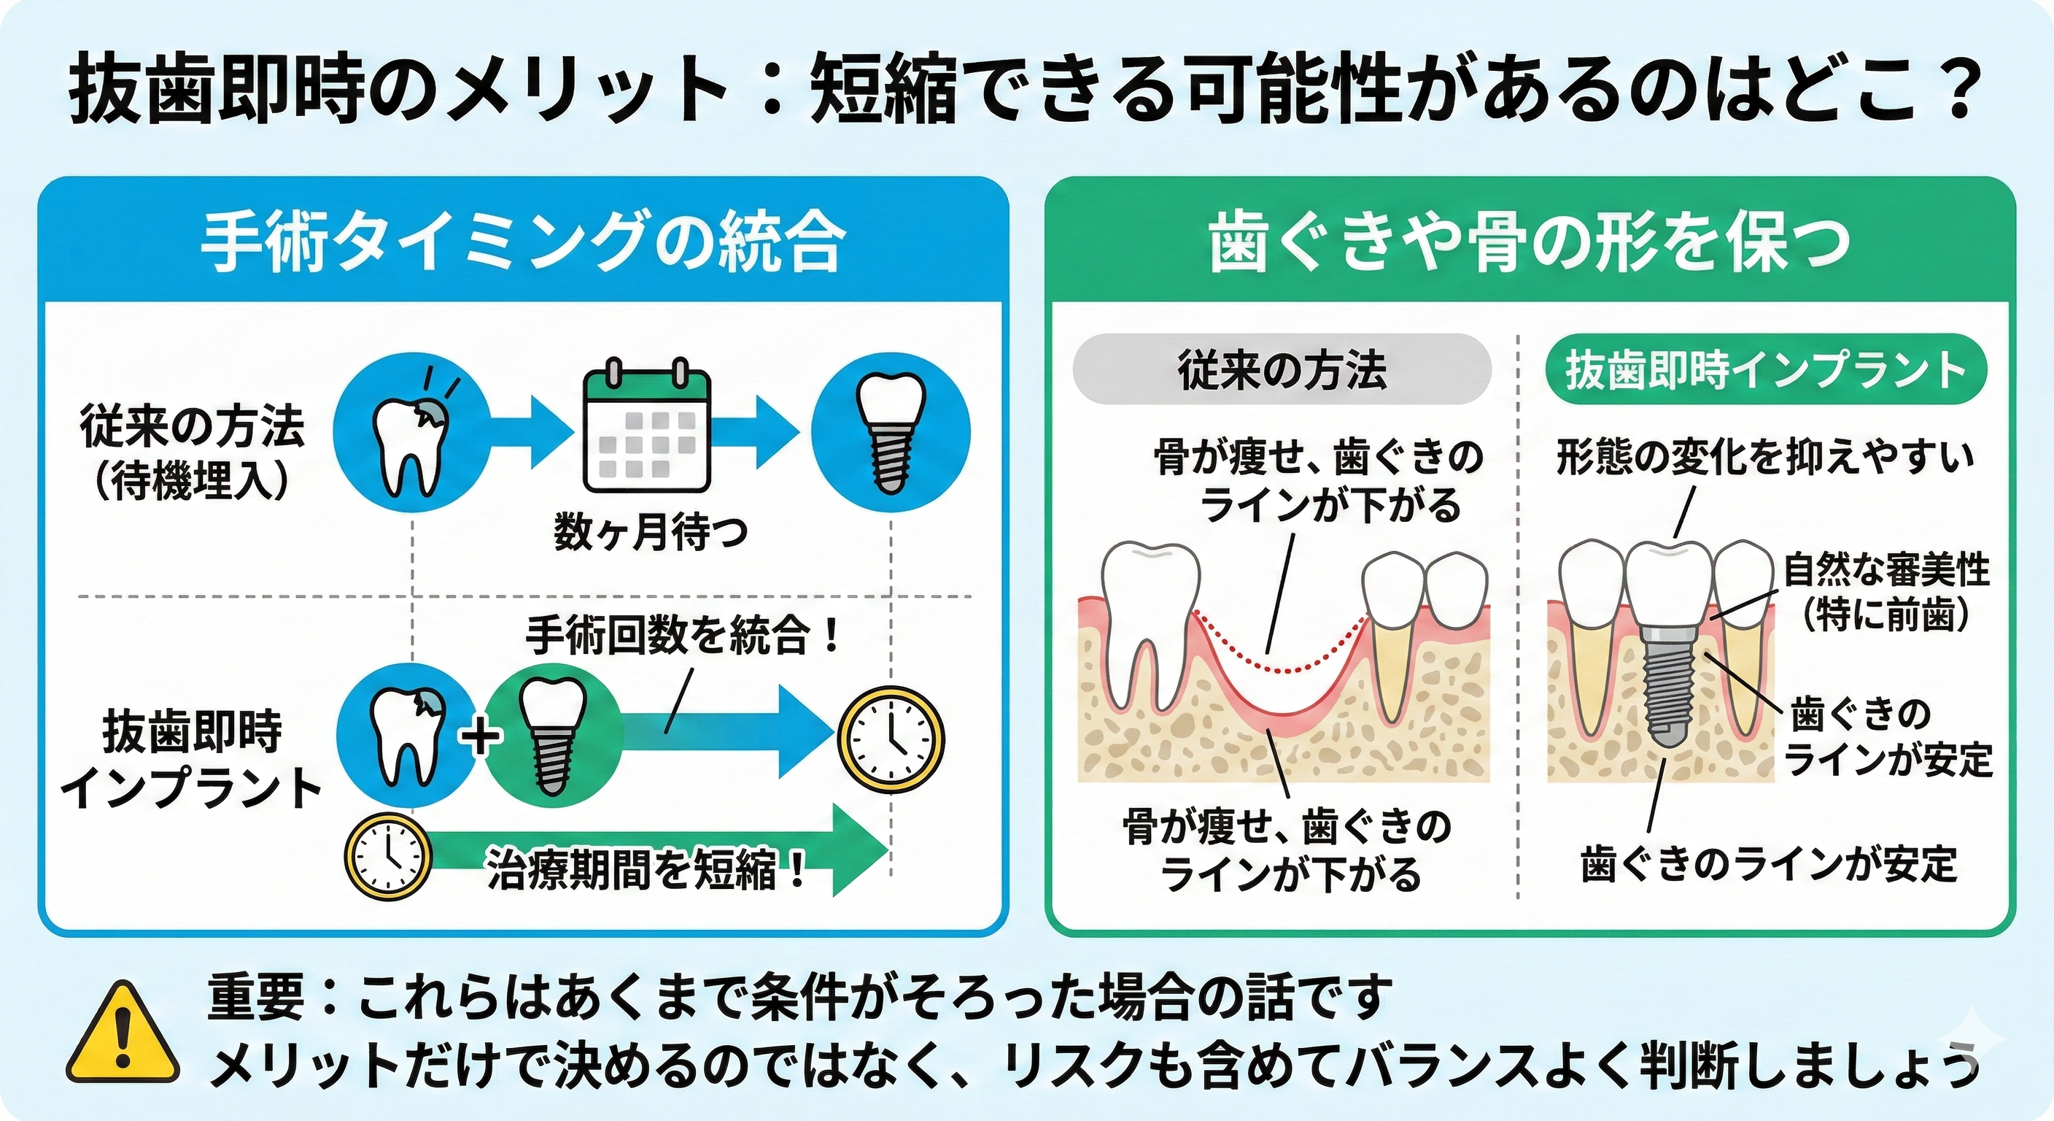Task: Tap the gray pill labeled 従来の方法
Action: (1282, 370)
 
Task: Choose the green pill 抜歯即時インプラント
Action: (1765, 370)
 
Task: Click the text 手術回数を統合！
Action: (683, 636)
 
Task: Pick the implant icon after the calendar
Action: (891, 435)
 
